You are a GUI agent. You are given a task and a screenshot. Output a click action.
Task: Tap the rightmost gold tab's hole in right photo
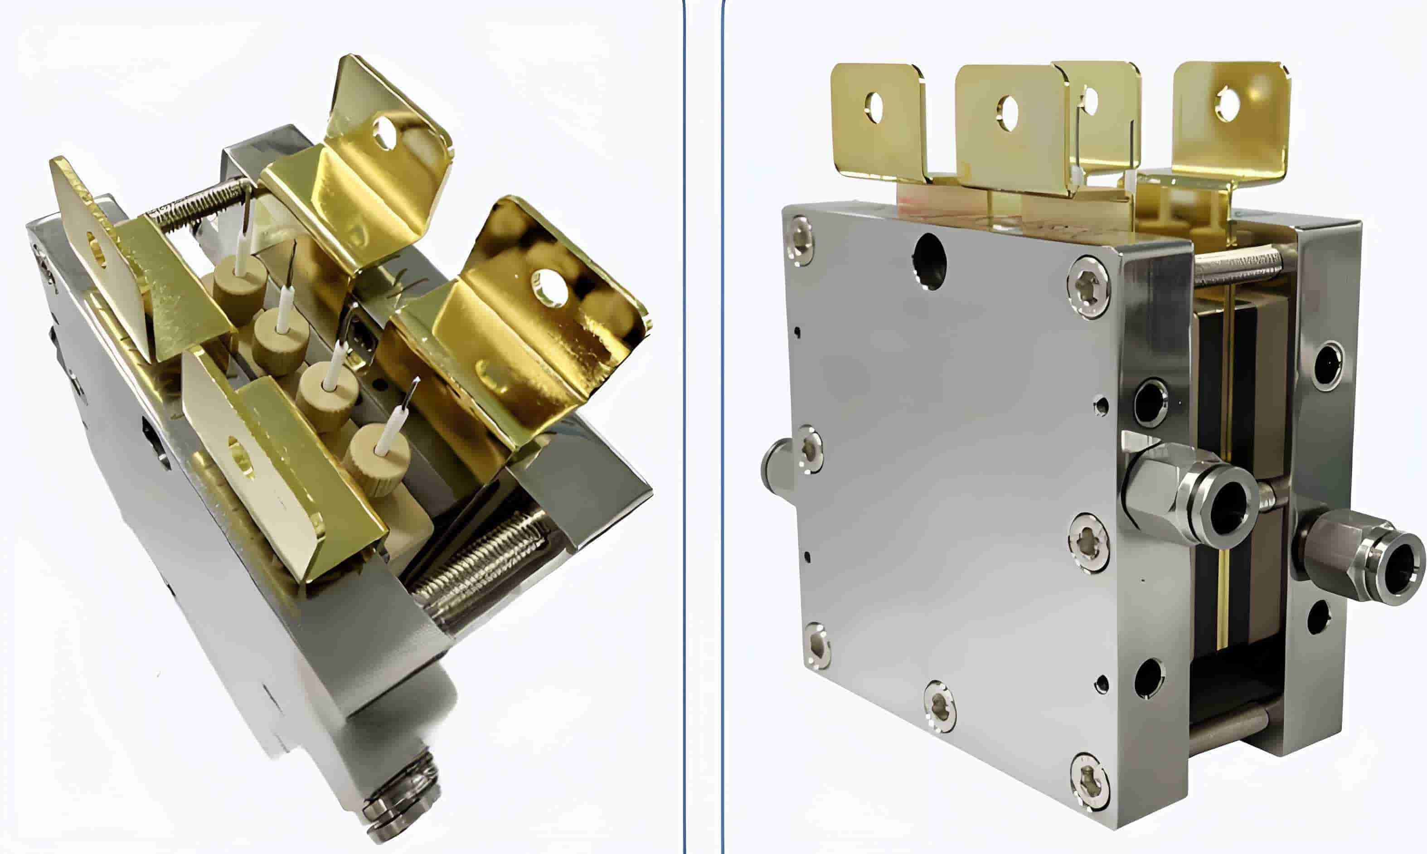click(x=1228, y=104)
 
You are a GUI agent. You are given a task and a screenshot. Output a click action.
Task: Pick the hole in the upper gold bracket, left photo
click(x=384, y=132)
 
